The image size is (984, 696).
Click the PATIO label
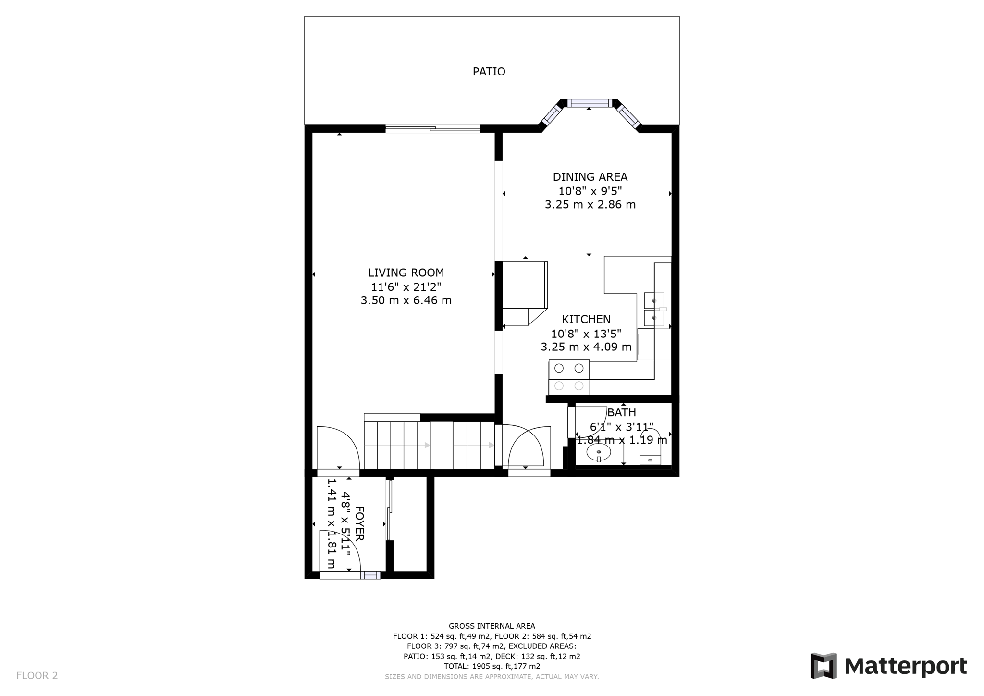(x=489, y=72)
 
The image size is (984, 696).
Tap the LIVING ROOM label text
(x=406, y=273)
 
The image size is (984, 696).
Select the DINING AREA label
(x=590, y=177)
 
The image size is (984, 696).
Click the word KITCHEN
(x=586, y=319)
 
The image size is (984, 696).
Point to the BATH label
(x=622, y=412)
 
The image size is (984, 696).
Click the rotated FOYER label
(x=359, y=523)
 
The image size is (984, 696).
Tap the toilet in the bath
(x=650, y=448)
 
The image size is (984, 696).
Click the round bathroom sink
(x=599, y=452)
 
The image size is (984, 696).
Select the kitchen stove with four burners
(x=569, y=376)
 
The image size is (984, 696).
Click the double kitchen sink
(x=654, y=309)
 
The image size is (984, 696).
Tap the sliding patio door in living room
(x=433, y=128)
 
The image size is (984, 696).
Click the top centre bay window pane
(x=590, y=103)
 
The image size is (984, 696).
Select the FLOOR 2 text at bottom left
(x=37, y=675)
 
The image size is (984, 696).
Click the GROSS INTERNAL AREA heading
(x=492, y=626)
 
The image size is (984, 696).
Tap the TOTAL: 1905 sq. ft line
(x=492, y=666)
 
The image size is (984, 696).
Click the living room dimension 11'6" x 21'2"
(x=406, y=287)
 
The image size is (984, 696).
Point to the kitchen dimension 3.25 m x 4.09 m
(x=586, y=347)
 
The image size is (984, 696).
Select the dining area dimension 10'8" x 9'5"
(x=590, y=191)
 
